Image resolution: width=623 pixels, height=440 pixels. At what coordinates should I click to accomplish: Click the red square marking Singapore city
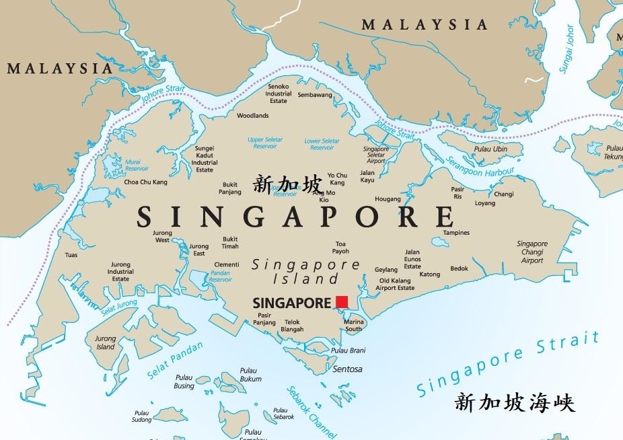(342, 302)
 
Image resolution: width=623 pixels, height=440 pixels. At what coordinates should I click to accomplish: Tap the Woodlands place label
(252, 116)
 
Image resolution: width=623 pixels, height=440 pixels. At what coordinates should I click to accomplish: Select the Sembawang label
(315, 96)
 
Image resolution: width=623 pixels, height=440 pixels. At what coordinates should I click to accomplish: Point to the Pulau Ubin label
(490, 149)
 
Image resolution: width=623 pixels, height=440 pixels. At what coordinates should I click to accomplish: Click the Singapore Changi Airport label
(532, 252)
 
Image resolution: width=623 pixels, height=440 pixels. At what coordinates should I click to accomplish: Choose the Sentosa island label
(347, 369)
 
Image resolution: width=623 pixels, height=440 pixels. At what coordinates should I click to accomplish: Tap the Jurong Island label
(106, 343)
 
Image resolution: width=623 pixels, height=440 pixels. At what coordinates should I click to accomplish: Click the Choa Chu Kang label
(146, 182)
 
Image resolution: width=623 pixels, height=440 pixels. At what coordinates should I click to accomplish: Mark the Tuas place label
(71, 255)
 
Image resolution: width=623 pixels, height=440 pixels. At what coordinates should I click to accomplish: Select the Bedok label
(459, 268)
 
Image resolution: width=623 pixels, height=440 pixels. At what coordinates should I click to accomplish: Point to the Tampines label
(456, 233)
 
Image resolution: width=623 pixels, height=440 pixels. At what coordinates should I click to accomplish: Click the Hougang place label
(388, 199)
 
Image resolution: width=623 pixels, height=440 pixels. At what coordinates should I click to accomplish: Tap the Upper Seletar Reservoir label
(265, 143)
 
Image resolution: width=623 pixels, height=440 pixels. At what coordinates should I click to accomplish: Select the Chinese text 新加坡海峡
(515, 403)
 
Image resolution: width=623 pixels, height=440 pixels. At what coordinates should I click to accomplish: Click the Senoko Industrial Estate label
(278, 94)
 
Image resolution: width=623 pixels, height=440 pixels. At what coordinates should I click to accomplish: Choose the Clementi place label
(227, 264)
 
